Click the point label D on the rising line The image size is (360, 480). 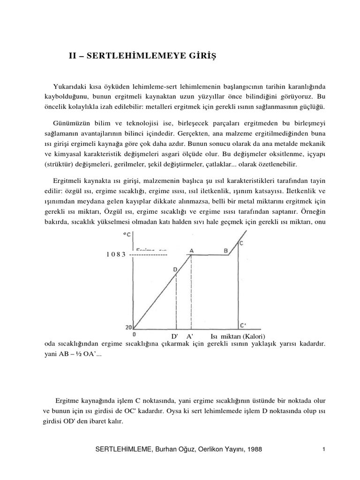click(x=175, y=269)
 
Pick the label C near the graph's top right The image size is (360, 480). click(x=241, y=242)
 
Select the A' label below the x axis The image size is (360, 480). click(x=190, y=337)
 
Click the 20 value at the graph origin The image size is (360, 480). click(x=129, y=328)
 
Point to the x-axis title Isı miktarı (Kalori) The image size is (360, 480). click(x=238, y=337)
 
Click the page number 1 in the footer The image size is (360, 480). click(x=323, y=450)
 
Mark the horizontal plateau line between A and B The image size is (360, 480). click(x=209, y=255)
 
